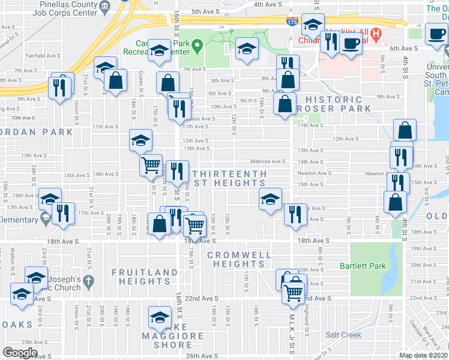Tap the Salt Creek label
343,335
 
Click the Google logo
20,353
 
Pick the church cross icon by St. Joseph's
88,281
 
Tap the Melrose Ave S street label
268,161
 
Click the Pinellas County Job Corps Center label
68,8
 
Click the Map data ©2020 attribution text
424,355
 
